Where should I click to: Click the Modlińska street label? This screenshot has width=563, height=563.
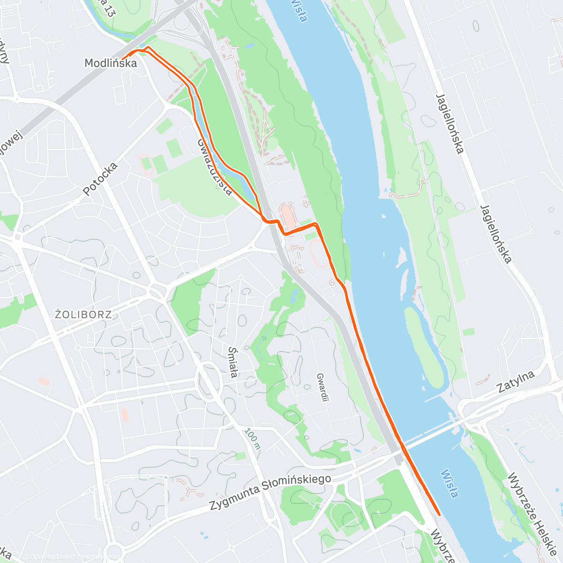pyautogui.click(x=110, y=63)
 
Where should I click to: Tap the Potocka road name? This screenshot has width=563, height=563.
pyautogui.click(x=99, y=179)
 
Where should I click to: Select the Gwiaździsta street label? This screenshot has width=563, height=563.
pyautogui.click(x=215, y=167)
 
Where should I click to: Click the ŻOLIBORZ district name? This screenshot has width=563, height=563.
pyautogui.click(x=84, y=314)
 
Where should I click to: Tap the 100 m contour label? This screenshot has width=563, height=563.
pyautogui.click(x=252, y=439)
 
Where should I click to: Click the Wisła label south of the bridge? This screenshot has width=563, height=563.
pyautogui.click(x=449, y=483)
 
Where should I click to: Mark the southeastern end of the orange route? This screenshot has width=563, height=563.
pyautogui.click(x=439, y=514)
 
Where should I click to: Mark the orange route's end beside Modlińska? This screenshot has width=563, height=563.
pyautogui.click(x=123, y=59)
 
